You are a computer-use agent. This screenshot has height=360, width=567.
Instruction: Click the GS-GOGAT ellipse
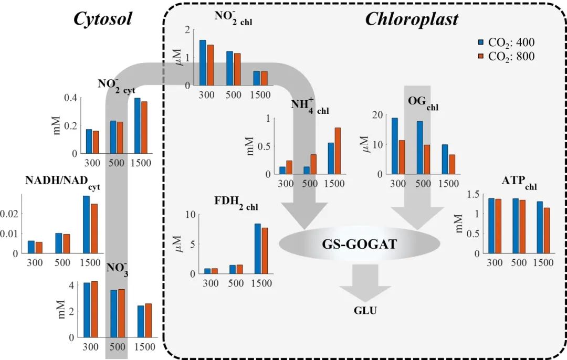tap(359, 245)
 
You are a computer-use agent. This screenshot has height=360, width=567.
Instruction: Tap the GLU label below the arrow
tap(365, 310)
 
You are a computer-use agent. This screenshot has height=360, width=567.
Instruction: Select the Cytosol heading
tap(102, 19)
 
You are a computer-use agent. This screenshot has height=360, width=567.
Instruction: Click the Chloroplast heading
tap(411, 19)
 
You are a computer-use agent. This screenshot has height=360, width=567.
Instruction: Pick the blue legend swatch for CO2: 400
tap(480, 43)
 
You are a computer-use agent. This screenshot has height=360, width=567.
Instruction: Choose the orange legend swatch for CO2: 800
tap(480, 56)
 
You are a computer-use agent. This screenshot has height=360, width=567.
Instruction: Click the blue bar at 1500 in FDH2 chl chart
tap(258, 248)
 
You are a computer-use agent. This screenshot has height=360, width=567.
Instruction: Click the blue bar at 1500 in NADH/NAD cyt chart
tap(86, 224)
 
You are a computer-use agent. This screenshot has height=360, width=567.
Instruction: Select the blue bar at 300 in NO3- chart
tap(87, 310)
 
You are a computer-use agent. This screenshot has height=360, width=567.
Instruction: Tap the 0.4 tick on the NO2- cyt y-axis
tap(70, 98)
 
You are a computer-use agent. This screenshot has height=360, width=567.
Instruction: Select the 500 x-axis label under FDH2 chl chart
tap(236, 283)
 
